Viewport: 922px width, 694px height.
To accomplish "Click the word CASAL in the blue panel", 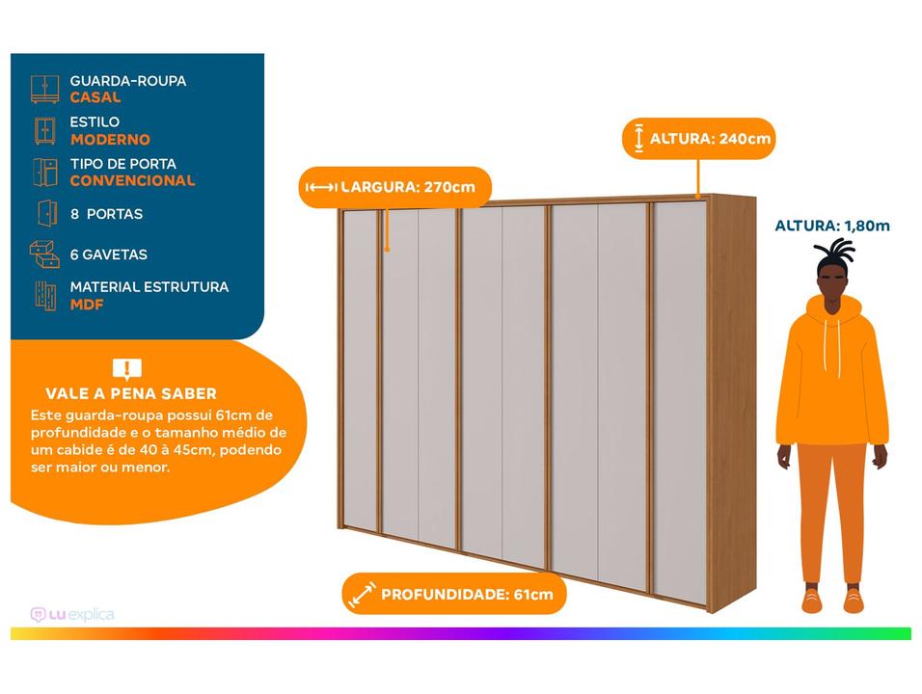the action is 95,97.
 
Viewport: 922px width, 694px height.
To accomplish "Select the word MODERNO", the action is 110,139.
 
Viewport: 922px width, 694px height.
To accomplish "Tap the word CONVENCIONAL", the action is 132,180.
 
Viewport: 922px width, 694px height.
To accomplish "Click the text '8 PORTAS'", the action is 106,214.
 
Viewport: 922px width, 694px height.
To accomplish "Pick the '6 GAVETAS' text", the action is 109,254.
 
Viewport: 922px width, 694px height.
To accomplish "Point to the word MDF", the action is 87,305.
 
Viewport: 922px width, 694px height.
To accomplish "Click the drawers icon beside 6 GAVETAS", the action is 44,254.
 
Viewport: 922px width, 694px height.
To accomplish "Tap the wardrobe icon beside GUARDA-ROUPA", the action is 44,90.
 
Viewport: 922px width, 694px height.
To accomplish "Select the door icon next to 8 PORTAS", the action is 47,213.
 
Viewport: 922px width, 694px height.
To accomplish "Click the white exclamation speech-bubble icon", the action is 127,369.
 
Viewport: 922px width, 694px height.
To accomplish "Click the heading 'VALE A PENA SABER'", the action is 131,393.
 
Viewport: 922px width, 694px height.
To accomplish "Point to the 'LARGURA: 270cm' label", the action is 394,187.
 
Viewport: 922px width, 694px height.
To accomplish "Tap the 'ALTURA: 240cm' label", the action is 699,139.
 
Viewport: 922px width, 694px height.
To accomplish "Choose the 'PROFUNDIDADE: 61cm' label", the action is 454,594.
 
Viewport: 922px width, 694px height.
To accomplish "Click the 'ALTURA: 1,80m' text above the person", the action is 832,226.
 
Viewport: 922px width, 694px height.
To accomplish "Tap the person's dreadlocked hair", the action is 834,256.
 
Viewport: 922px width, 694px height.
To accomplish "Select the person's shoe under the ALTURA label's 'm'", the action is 854,599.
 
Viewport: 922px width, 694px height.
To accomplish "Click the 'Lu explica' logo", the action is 72,615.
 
